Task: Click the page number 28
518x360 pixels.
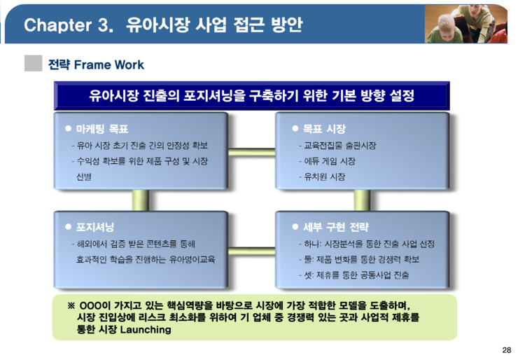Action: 506,350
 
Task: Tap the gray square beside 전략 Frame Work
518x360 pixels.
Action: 34,63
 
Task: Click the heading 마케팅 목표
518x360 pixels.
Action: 102,129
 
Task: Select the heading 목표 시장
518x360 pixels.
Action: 324,129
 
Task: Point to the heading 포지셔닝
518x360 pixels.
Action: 95,227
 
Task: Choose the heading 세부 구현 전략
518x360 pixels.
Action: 335,227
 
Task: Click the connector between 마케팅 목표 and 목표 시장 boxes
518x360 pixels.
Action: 251,152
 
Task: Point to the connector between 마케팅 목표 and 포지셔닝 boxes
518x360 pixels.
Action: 141,200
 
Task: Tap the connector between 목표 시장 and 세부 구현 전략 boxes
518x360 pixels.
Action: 362,200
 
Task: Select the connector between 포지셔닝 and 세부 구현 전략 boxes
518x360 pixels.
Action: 251,251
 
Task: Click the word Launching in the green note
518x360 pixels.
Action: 146,330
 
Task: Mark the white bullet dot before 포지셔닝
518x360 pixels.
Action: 69,227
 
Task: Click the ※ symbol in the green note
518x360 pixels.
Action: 71,305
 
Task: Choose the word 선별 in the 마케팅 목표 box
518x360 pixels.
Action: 84,177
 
